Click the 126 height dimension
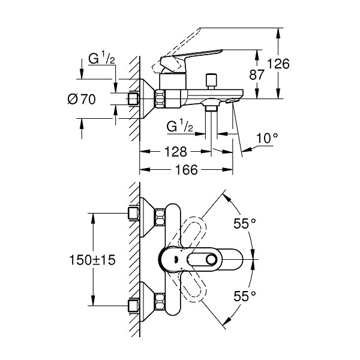click(x=278, y=64)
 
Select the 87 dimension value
click(x=257, y=74)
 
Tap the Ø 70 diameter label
click(x=82, y=100)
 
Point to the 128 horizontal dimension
click(x=176, y=152)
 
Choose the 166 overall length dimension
click(x=186, y=170)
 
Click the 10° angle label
click(x=267, y=138)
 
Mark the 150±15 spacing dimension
click(x=92, y=260)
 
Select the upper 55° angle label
click(x=245, y=223)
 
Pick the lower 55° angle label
click(x=245, y=296)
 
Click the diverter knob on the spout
click(x=211, y=81)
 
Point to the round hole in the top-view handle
click(x=211, y=260)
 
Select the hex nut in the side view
click(x=160, y=99)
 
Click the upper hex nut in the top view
click(x=160, y=217)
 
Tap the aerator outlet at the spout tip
click(x=232, y=101)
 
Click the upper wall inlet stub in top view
click(x=133, y=214)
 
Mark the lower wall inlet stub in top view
click(x=133, y=305)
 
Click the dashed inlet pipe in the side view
click(x=133, y=99)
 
